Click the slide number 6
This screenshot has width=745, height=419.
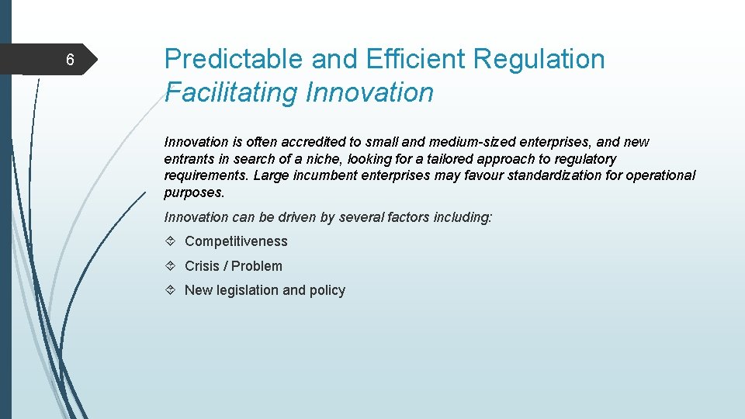[69, 60]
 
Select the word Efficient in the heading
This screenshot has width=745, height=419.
[415, 59]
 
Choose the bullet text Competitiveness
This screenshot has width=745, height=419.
[236, 241]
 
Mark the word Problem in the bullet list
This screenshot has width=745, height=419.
[257, 265]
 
